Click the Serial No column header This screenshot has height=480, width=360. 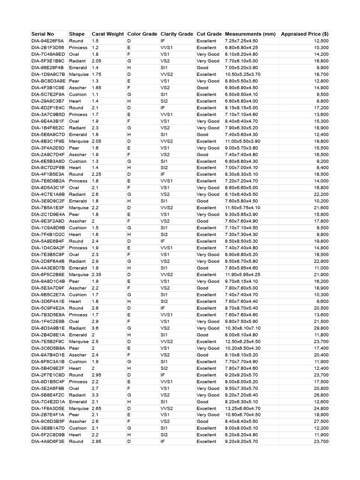(43, 34)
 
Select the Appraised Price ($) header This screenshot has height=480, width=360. (304, 34)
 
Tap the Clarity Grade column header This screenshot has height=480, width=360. (177, 34)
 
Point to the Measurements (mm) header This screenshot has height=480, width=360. (250, 34)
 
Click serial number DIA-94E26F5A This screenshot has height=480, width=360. (48, 41)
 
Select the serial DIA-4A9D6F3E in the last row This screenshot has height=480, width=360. (48, 442)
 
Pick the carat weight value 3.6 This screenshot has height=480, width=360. (95, 328)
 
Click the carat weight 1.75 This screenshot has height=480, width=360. (97, 74)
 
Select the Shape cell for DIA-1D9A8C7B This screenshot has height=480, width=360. (78, 74)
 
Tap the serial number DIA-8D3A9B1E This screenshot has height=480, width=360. (48, 328)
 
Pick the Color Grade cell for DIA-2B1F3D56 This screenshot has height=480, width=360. (129, 47)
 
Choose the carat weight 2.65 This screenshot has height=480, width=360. (97, 408)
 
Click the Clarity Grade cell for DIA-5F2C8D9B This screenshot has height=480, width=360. (164, 435)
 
